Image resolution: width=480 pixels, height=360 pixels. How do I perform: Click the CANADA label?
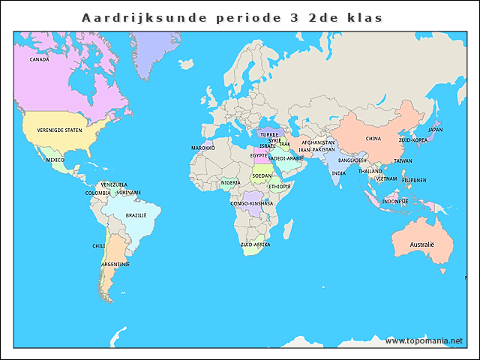pos(39,59)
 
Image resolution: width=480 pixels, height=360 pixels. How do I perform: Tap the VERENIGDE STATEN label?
pos(59,130)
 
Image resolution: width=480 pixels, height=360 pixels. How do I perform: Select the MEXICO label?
pos(55,160)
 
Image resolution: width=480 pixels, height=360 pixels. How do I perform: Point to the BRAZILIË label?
pos(136,215)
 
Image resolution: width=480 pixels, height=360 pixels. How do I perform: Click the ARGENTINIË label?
pos(115,264)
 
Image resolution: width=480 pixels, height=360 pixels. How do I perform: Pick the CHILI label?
pos(99,245)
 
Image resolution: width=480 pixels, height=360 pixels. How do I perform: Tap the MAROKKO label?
pos(202,148)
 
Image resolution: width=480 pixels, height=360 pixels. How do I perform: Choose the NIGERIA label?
pos(231,182)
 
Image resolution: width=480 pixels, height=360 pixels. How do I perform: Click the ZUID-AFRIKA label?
pos(255,244)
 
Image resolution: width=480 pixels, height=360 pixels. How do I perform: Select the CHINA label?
pos(373,139)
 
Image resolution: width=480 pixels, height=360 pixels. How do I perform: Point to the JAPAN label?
pos(435,130)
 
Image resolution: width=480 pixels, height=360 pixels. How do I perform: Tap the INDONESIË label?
pos(394,201)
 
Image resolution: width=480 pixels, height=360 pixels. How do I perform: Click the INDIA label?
pos(339,173)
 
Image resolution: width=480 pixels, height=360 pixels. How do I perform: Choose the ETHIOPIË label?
pos(279,186)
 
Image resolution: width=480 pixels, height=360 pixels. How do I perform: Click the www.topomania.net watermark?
pos(424,340)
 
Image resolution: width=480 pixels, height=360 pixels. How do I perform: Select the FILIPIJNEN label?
pos(414,180)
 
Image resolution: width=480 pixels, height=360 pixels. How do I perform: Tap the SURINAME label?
pos(128,193)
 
